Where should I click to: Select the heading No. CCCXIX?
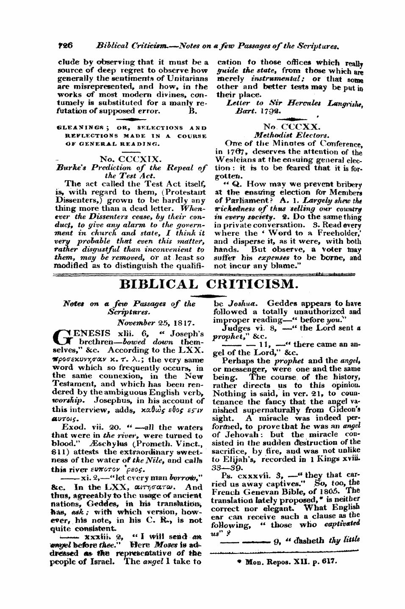point(129,159)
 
